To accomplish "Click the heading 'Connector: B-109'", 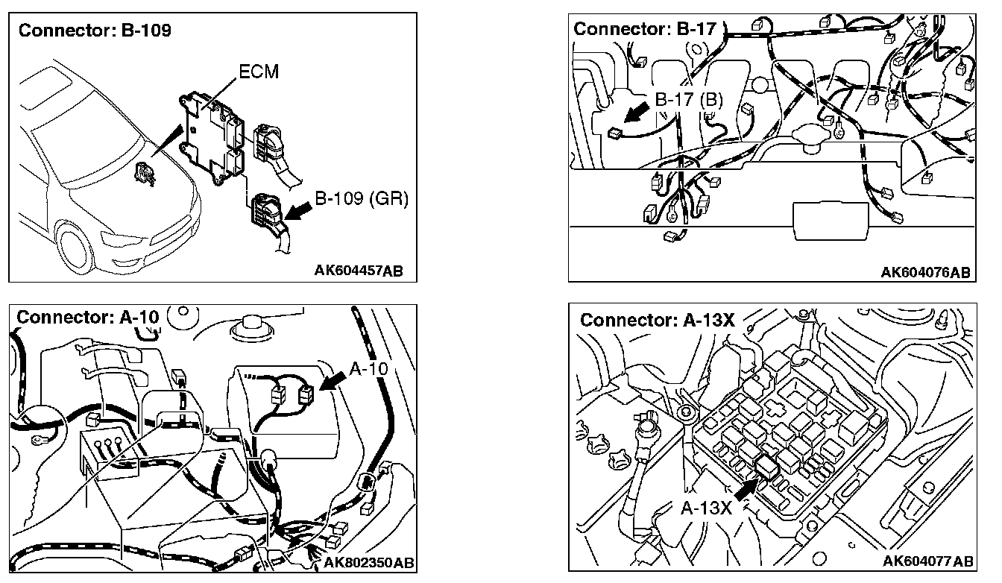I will [x=95, y=31].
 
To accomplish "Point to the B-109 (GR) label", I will [x=361, y=201].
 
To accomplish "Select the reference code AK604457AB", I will [x=358, y=270].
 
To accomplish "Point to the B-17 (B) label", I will [x=689, y=100].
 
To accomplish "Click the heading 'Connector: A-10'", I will [x=88, y=316].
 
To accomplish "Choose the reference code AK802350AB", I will [x=369, y=561].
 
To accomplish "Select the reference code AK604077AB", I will [x=927, y=561].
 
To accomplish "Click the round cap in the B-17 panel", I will [x=813, y=137].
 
